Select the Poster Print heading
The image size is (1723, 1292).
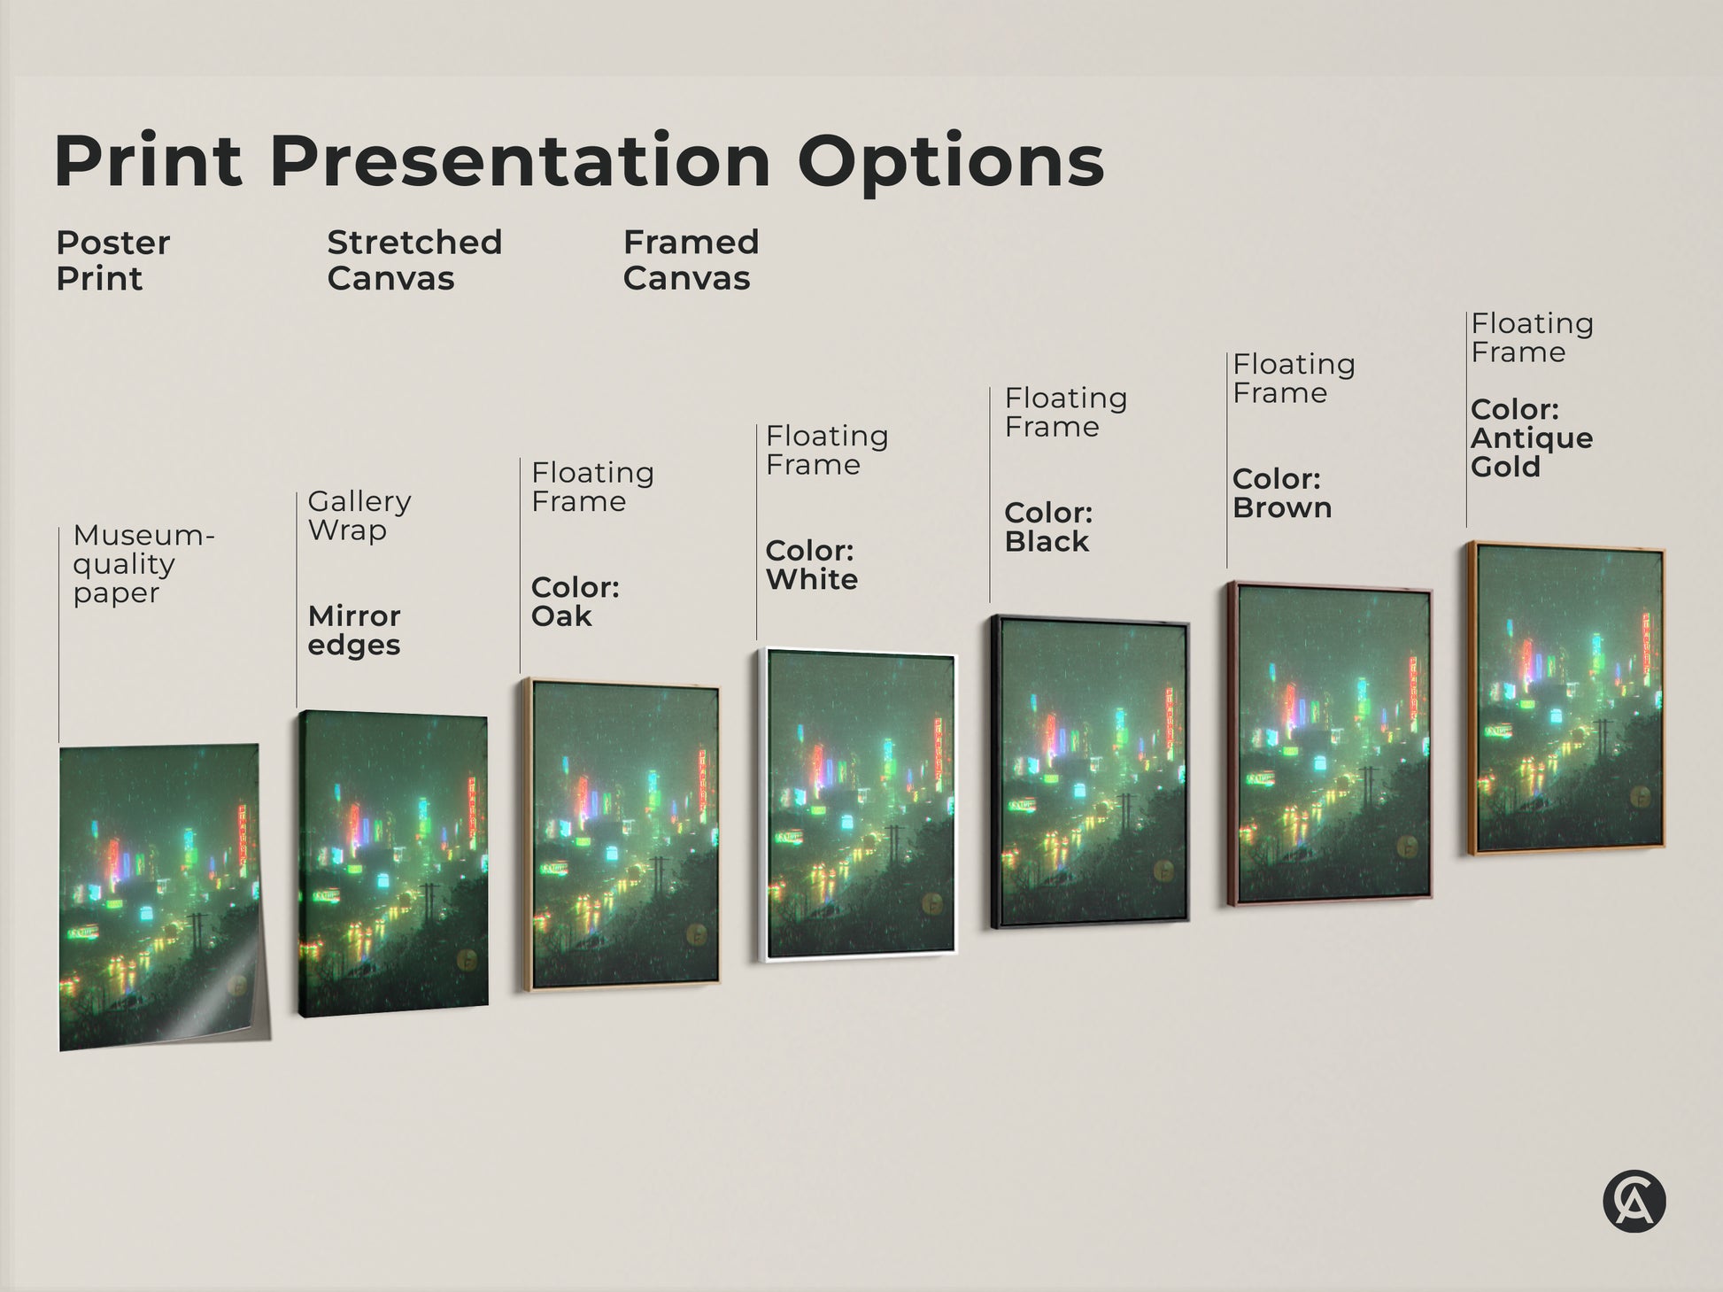(112, 260)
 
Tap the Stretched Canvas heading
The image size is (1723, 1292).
(414, 260)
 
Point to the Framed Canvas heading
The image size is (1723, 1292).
(691, 260)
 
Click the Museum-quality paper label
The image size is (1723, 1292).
(143, 564)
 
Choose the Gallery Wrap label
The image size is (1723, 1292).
(359, 515)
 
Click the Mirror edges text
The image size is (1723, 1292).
(354, 630)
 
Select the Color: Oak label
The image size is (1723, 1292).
(575, 601)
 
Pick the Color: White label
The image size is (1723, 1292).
(811, 565)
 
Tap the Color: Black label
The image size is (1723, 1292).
(1048, 527)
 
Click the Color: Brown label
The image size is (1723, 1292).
(1281, 493)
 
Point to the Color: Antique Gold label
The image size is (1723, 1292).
(1531, 438)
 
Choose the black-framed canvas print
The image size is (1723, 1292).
(1090, 771)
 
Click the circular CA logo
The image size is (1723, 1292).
(1634, 1202)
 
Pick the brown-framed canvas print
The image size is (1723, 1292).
(1329, 743)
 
